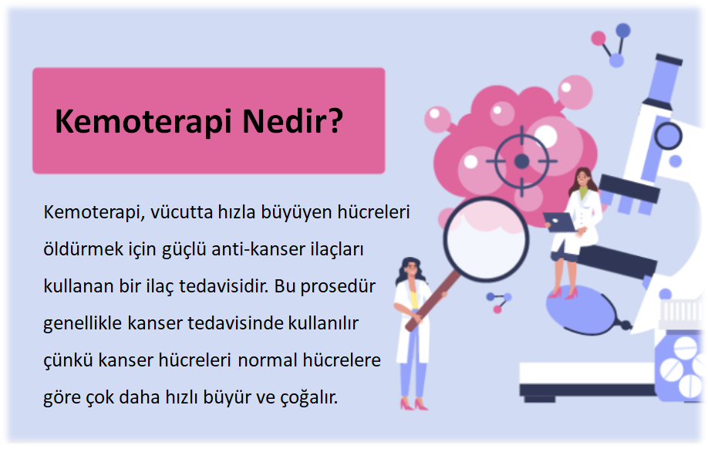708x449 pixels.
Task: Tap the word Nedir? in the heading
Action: (x=292, y=121)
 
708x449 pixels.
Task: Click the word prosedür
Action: (x=338, y=286)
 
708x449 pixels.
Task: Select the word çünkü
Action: (x=68, y=361)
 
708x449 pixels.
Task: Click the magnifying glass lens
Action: (x=486, y=239)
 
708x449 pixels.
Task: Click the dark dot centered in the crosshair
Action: (x=522, y=160)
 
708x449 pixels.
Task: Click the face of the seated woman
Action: (x=583, y=178)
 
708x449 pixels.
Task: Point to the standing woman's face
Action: (x=411, y=269)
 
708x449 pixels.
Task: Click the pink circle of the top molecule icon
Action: (x=598, y=39)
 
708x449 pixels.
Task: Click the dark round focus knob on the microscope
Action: (x=668, y=136)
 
